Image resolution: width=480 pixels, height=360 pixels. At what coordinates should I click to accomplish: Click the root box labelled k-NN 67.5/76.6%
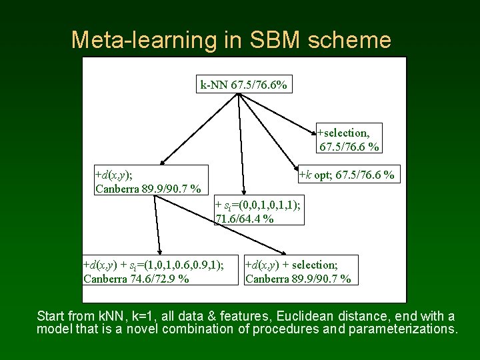click(243, 85)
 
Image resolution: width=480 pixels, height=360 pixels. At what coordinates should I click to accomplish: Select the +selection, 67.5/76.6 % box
click(348, 139)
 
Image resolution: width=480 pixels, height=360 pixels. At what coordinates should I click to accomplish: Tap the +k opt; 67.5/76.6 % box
click(347, 175)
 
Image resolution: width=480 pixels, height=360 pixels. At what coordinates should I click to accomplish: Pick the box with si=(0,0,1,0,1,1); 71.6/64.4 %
click(258, 212)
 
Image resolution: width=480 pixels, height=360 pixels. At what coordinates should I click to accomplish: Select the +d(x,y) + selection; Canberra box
click(299, 271)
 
